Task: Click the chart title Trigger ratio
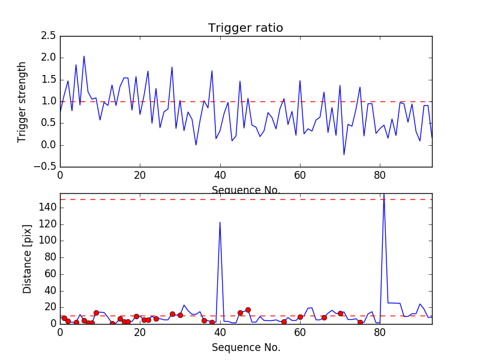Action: pyautogui.click(x=245, y=28)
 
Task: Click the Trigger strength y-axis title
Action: pyautogui.click(x=22, y=101)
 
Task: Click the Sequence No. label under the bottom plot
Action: pyautogui.click(x=246, y=347)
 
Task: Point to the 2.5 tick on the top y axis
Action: pyautogui.click(x=49, y=36)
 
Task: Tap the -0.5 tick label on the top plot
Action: pyautogui.click(x=47, y=167)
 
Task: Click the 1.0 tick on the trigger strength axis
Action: pyautogui.click(x=49, y=101)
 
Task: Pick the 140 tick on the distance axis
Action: pyautogui.click(x=48, y=208)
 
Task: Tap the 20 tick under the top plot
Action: pyautogui.click(x=140, y=176)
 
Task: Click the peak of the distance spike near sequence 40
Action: pyautogui.click(x=220, y=223)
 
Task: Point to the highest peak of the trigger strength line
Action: pyautogui.click(x=84, y=56)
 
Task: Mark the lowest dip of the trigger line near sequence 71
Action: pyautogui.click(x=344, y=155)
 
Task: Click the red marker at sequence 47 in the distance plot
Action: pyautogui.click(x=248, y=310)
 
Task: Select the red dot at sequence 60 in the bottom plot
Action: pyautogui.click(x=300, y=317)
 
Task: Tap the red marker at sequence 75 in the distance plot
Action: pyautogui.click(x=360, y=322)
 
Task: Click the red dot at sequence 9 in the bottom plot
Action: pyautogui.click(x=96, y=313)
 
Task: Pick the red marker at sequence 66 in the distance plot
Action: pyautogui.click(x=324, y=317)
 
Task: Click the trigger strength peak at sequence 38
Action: pyautogui.click(x=212, y=71)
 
